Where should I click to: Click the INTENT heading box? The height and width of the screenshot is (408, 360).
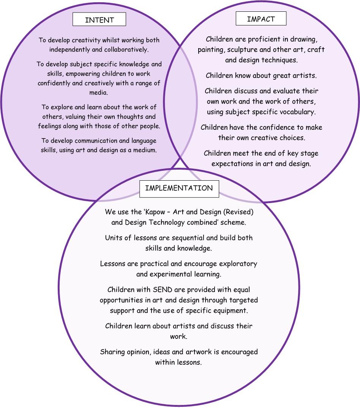point(99,20)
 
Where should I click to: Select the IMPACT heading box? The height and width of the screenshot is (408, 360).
point(261,19)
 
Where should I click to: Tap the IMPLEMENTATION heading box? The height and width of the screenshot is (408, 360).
point(179,188)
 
